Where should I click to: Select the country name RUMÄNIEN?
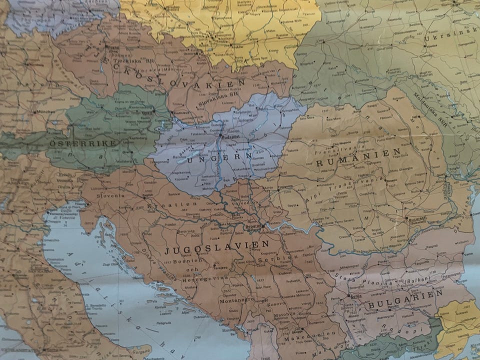(358, 158)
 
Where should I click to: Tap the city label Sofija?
(355, 296)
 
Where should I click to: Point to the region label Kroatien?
(179, 204)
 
